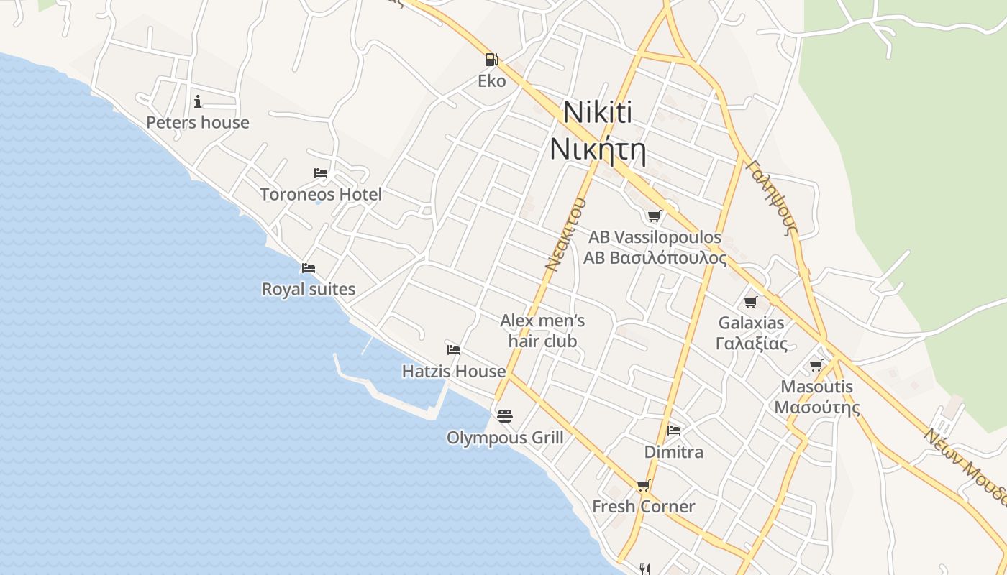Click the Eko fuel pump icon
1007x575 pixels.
492,60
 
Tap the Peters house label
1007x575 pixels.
198,122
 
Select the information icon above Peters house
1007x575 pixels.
198,101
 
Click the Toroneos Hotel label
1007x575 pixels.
321,194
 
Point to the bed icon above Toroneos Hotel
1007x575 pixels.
321,173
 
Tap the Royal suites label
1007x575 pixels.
308,289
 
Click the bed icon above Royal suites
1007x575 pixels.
309,268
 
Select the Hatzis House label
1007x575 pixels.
454,371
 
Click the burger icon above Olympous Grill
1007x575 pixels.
505,415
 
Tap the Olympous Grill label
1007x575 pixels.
505,438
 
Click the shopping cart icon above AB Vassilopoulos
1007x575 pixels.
654,216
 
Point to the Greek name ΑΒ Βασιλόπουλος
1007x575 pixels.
655,258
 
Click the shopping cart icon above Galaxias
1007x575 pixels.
751,302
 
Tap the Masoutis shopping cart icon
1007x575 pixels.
816,365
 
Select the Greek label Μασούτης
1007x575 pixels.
817,408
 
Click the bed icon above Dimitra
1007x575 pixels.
674,430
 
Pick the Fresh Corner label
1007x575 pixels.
643,506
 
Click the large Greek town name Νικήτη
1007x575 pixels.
597,149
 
